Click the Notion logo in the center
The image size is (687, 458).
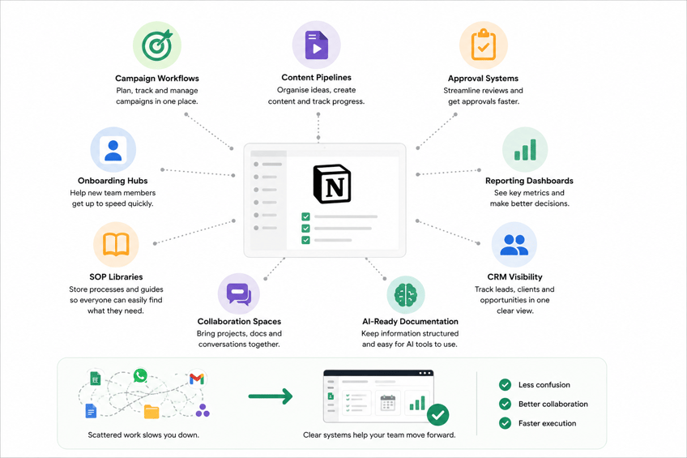[332, 184]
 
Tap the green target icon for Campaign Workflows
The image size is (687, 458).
[156, 45]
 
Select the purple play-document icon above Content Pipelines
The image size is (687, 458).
[316, 45]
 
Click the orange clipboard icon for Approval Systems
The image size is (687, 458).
[484, 45]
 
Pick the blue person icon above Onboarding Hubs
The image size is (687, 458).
[113, 150]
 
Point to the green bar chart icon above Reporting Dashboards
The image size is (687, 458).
[525, 149]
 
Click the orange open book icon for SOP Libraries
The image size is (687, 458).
[116, 244]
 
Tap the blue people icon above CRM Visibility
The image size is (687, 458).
[514, 245]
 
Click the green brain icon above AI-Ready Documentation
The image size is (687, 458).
[406, 294]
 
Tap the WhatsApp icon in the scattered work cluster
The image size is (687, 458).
[140, 375]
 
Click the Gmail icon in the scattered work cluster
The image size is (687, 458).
[197, 379]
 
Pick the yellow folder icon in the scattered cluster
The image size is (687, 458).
[151, 412]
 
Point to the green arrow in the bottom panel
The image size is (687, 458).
[271, 396]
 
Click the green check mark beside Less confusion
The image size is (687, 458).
[505, 385]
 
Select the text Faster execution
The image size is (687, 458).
[547, 423]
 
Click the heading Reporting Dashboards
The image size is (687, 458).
[529, 181]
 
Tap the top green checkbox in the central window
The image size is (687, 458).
[305, 216]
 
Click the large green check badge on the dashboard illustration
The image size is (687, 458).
[437, 414]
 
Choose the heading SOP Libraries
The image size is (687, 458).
[116, 277]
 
